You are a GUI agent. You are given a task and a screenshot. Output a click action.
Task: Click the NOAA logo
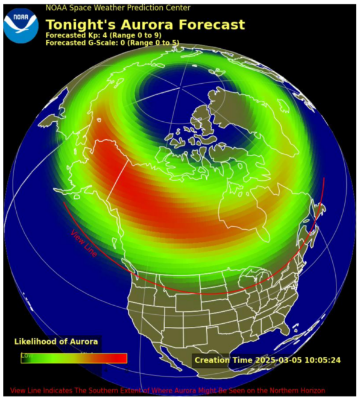(21, 24)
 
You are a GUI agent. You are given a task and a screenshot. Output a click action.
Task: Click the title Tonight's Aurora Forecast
(145, 25)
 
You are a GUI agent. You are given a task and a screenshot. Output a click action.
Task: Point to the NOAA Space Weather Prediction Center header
(118, 8)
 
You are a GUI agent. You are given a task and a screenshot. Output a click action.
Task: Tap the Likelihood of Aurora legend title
(55, 342)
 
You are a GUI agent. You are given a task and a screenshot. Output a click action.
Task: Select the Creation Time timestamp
(267, 361)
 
